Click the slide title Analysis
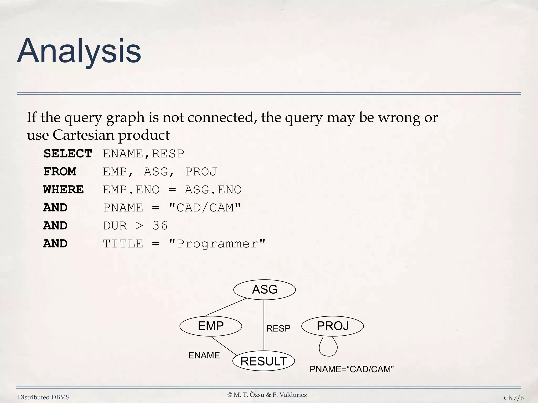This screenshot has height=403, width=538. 79,51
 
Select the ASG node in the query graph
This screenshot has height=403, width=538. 265,290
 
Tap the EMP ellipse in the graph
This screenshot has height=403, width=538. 211,326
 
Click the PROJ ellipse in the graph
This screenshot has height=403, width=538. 333,326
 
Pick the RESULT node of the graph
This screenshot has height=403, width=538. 263,361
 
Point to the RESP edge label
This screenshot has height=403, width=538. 278,328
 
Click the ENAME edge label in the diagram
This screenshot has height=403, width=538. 204,355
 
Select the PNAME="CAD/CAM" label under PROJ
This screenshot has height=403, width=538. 351,369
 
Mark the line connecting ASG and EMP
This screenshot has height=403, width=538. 226,306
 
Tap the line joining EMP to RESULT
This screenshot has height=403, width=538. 224,346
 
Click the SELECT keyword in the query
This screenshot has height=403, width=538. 68,154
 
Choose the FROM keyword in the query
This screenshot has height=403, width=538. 60,172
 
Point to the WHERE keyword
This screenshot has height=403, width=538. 63,190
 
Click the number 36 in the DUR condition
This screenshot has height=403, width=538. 160,226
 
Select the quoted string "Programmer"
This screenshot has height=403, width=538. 217,244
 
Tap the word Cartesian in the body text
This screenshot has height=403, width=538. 83,135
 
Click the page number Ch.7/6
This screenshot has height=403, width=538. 514,398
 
